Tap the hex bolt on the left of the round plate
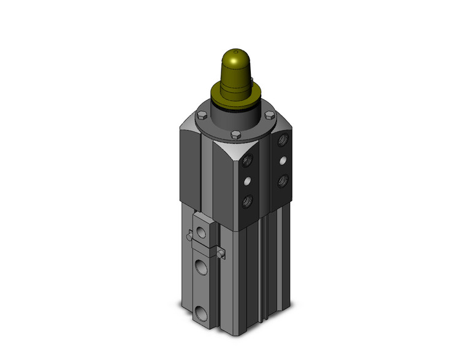pos(201,114)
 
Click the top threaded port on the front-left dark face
pos(248,161)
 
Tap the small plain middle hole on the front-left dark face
pos(248,181)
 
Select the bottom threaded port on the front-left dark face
pos(248,201)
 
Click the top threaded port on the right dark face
pos(281,141)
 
